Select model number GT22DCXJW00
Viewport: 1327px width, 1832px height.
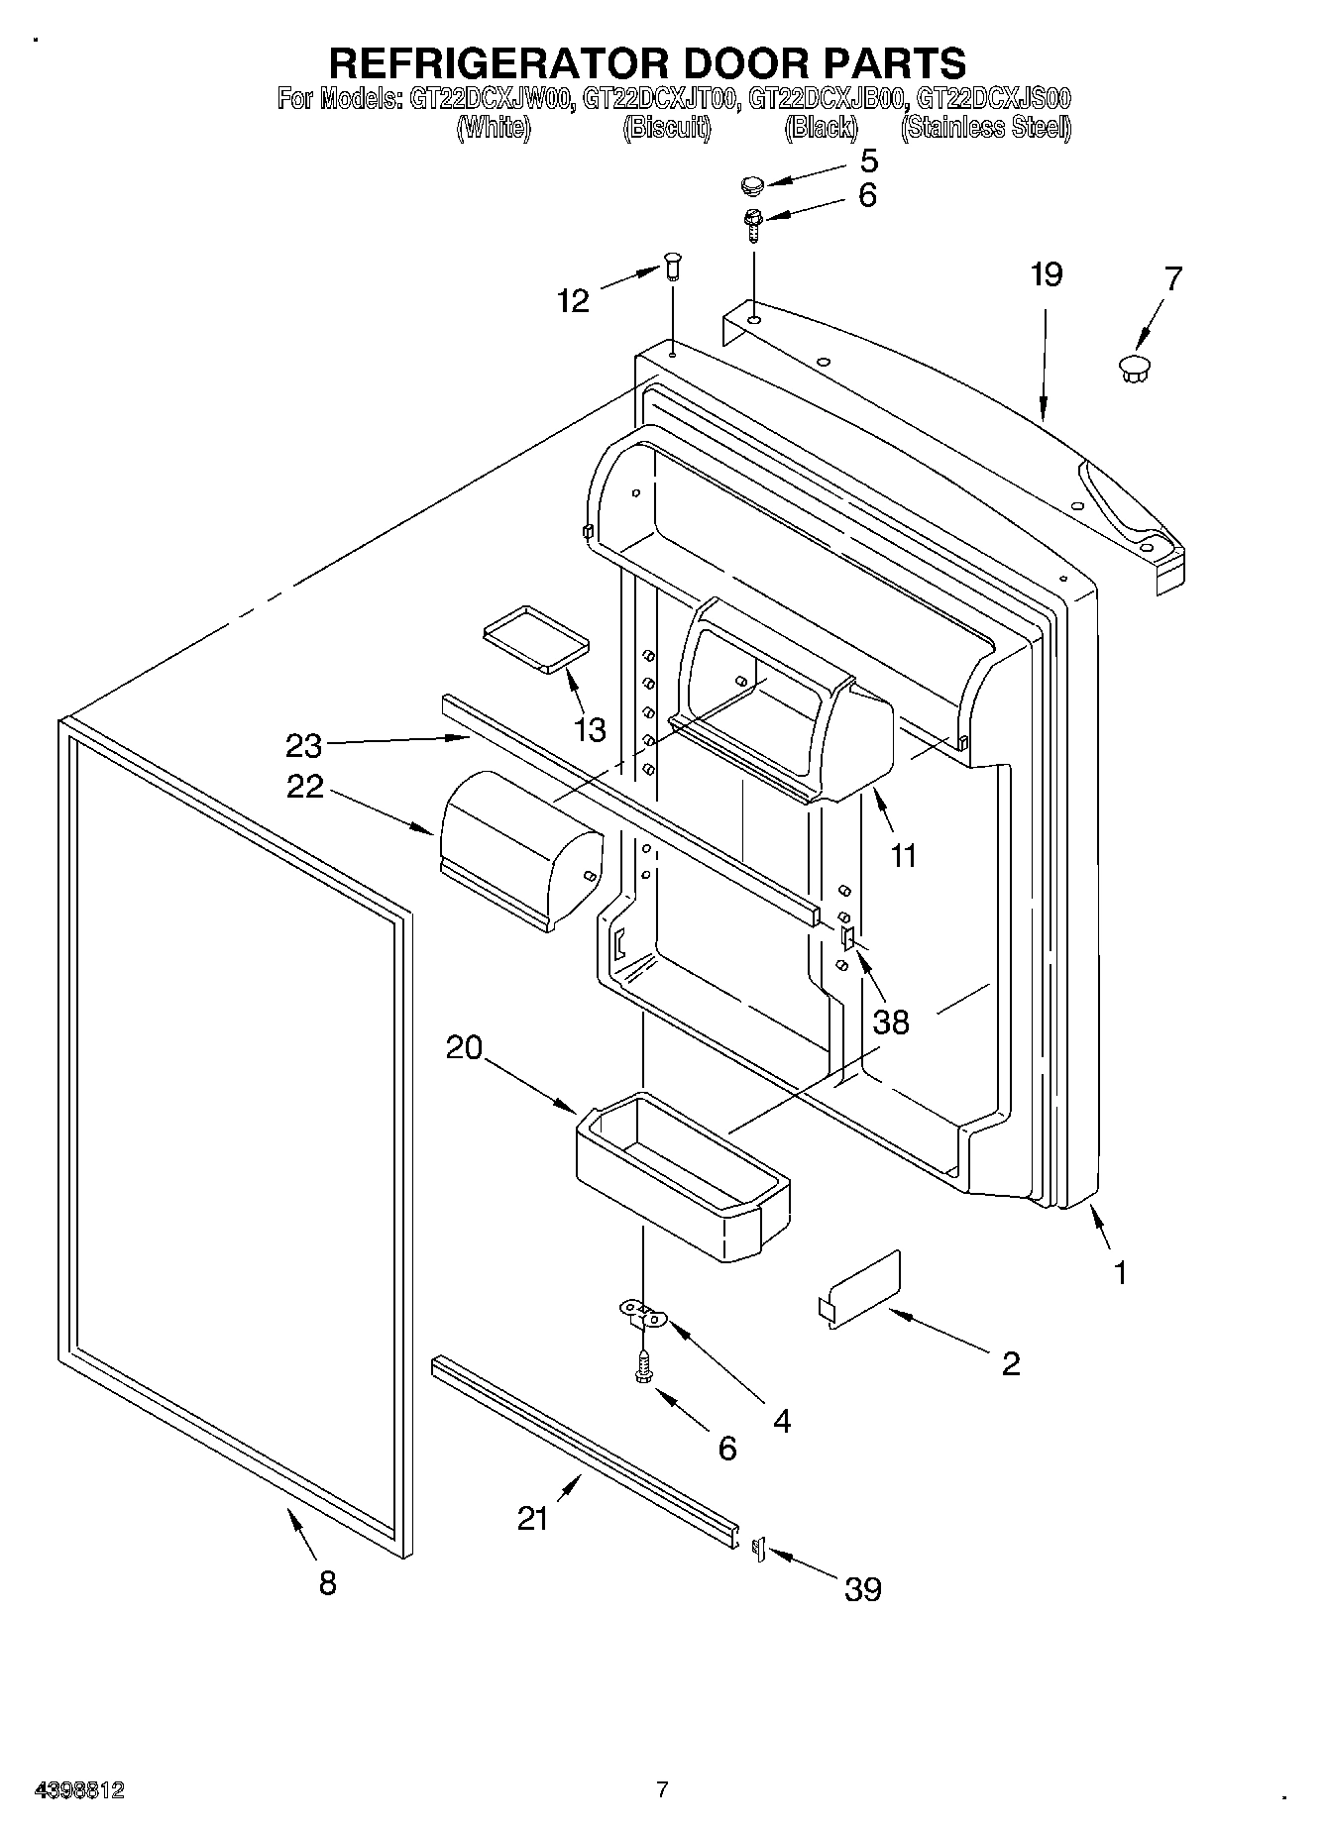tap(489, 99)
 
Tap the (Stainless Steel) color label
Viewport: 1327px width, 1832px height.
tap(985, 128)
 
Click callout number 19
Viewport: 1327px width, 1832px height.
tap(1046, 274)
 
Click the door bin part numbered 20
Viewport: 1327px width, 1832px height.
tap(684, 1174)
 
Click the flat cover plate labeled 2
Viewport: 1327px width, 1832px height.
tap(860, 1291)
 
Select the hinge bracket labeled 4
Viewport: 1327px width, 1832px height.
tap(644, 1315)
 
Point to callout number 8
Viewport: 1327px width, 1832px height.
tap(327, 1582)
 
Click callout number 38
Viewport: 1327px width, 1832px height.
tap(890, 1022)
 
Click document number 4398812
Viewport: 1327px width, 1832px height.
tap(79, 1789)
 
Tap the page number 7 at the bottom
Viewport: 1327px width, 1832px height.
tap(662, 1789)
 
